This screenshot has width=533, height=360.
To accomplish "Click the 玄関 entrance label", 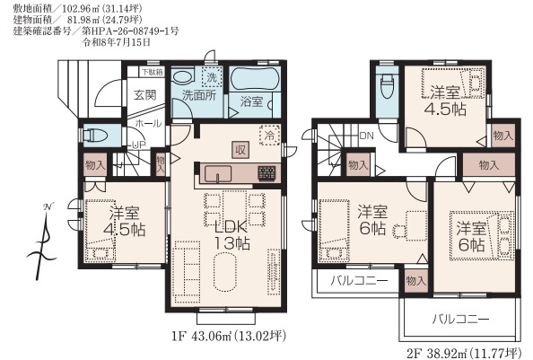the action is [x=145, y=95].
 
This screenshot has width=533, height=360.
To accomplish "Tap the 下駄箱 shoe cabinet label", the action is [x=153, y=72].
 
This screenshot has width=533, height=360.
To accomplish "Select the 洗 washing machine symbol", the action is [x=212, y=77].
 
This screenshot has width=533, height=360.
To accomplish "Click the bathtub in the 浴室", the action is [x=255, y=79].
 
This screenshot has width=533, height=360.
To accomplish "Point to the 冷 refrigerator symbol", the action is [x=269, y=136].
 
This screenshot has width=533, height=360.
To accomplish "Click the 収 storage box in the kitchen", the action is [x=240, y=150].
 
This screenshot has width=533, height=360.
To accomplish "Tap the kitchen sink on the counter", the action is [x=218, y=174].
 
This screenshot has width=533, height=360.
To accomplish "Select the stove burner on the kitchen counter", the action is [x=266, y=173].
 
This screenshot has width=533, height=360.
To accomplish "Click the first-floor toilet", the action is [x=95, y=135].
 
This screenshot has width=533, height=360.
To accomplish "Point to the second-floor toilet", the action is [x=387, y=86].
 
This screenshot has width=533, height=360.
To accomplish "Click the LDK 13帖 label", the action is [x=232, y=235].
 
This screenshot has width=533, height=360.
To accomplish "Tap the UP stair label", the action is [x=139, y=145].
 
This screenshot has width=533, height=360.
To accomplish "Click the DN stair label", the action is [x=366, y=136].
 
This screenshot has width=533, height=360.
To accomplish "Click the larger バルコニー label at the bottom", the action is [x=460, y=320].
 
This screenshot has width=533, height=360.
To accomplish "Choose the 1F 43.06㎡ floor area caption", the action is [x=229, y=337].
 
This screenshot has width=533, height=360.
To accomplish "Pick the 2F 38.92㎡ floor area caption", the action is [x=464, y=353].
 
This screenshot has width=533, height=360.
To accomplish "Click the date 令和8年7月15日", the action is [x=117, y=42].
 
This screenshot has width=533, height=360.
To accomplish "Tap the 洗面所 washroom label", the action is [x=199, y=95].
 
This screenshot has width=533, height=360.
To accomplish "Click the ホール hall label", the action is [x=148, y=123].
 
